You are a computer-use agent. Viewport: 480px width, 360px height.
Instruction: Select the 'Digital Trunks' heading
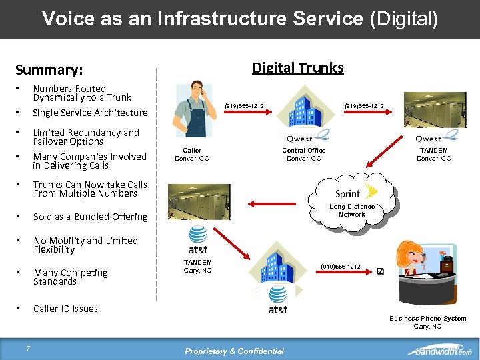tap(297, 67)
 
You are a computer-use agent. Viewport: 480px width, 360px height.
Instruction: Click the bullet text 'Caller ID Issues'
tap(65, 309)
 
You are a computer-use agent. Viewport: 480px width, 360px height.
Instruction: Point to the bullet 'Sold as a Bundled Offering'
tap(90, 217)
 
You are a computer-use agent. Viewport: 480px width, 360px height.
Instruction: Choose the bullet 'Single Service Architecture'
tap(90, 113)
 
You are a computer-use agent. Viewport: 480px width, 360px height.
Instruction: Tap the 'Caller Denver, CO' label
tap(192, 155)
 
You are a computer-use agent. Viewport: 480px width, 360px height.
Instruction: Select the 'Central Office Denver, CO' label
tap(303, 155)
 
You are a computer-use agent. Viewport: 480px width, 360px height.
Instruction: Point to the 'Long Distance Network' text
tap(352, 211)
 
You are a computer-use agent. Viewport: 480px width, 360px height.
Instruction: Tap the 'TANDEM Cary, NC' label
tap(197, 267)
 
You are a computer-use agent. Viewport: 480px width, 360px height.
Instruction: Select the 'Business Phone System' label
tap(427, 319)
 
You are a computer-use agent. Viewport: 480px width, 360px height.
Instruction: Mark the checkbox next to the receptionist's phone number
tap(380, 271)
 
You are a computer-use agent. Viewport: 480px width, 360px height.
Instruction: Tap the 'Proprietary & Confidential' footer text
tap(235, 351)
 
